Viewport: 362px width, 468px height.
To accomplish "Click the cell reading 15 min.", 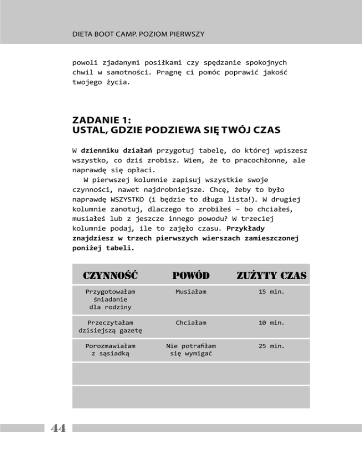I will pyautogui.click(x=271, y=292).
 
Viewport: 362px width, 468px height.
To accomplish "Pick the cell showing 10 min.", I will pyautogui.click(x=271, y=323).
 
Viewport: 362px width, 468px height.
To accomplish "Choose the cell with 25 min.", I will pyautogui.click(x=271, y=346).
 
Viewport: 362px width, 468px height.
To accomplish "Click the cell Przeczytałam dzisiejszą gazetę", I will pyautogui.click(x=110, y=326).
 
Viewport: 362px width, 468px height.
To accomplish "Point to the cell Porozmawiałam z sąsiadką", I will pyautogui.click(x=110, y=350).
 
